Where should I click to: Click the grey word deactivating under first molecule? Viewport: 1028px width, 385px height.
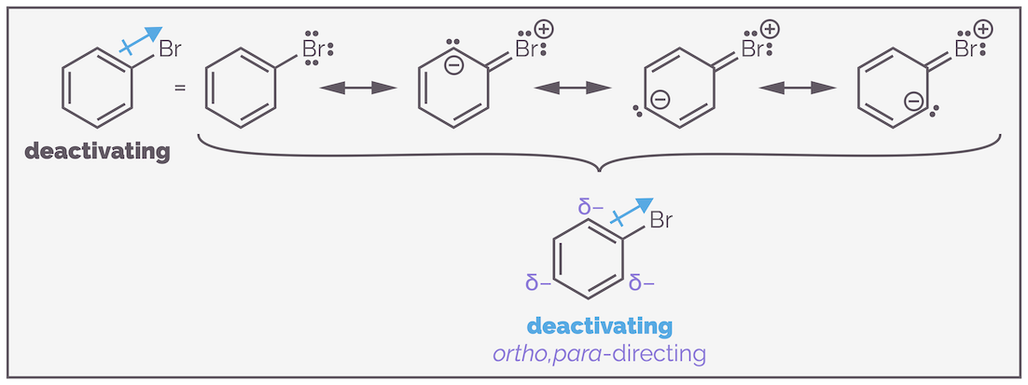point(98,150)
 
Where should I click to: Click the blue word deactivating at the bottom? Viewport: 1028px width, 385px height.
point(599,326)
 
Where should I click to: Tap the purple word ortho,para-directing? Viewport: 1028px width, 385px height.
point(599,354)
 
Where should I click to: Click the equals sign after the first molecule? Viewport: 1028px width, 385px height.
point(180,89)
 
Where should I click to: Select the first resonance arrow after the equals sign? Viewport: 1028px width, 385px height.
point(359,88)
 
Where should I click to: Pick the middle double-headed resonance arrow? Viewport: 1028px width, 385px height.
point(573,88)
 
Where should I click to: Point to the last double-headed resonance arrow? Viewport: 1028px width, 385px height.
point(797,88)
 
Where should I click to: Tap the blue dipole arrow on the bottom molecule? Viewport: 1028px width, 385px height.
point(632,213)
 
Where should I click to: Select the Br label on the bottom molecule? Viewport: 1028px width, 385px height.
point(660,221)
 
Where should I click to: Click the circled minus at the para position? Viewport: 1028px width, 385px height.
point(660,98)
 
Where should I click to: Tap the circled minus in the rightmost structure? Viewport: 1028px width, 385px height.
point(915,101)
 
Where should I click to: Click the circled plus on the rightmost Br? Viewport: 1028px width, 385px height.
point(982,29)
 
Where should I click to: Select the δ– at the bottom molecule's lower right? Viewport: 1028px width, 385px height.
point(643,282)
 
